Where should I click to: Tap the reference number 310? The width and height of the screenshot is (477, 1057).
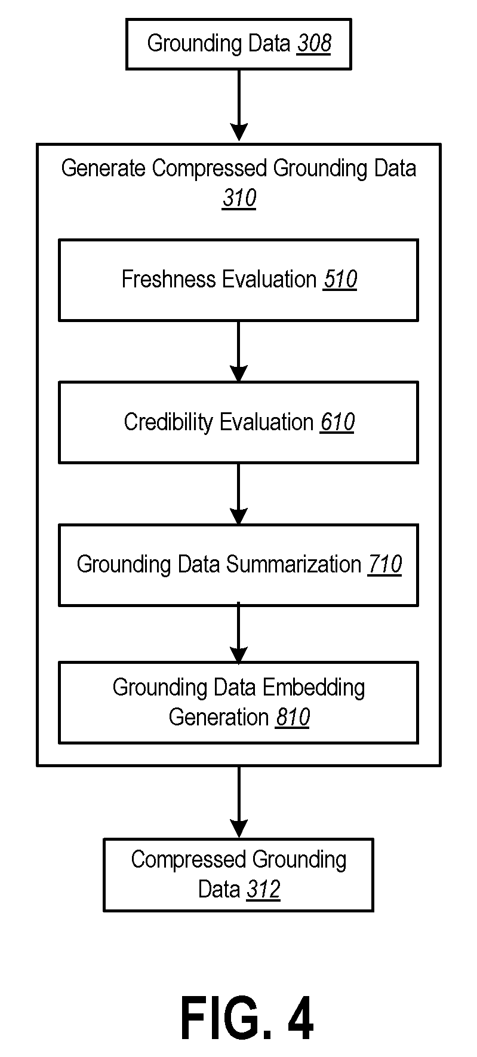pos(239,198)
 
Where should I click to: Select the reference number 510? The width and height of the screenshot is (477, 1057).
pos(340,279)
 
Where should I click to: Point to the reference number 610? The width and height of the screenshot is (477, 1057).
pos(337,422)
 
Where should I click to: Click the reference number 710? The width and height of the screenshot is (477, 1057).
pos(385,564)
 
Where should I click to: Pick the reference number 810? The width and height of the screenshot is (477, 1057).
pos(293,716)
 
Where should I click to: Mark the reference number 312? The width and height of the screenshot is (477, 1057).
pos(263,889)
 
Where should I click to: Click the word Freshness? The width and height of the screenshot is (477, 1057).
pos(169,279)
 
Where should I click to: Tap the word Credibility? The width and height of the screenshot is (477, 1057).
pos(169,422)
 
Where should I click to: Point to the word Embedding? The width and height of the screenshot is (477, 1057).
pos(313,688)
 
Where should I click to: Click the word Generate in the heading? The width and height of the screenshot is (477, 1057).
pos(103,168)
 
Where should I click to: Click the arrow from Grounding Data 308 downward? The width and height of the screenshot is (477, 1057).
pos(239,105)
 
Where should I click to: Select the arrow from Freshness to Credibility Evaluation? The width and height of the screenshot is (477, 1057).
pos(239,351)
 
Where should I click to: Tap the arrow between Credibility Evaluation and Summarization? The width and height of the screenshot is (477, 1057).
pos(239,494)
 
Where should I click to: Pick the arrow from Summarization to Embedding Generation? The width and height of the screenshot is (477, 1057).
pos(239,633)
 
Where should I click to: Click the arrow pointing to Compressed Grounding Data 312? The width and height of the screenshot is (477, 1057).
pos(239,802)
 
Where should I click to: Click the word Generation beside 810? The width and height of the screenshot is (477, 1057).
pos(219,716)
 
